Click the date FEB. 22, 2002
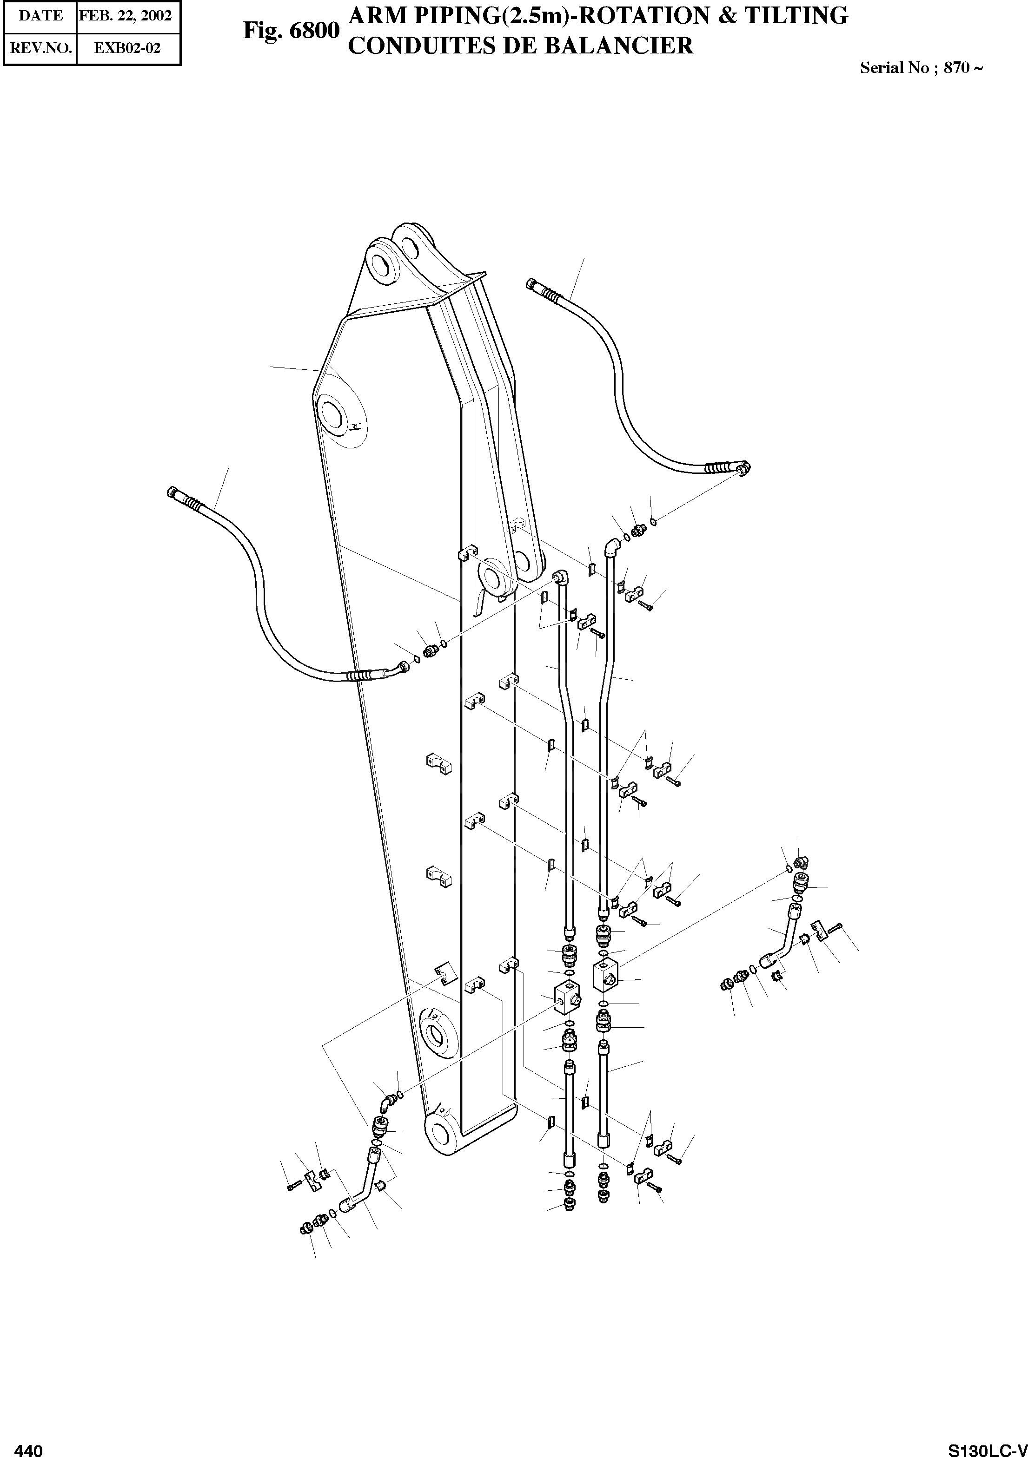point(125,15)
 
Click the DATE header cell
point(40,15)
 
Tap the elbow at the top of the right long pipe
point(611,546)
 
